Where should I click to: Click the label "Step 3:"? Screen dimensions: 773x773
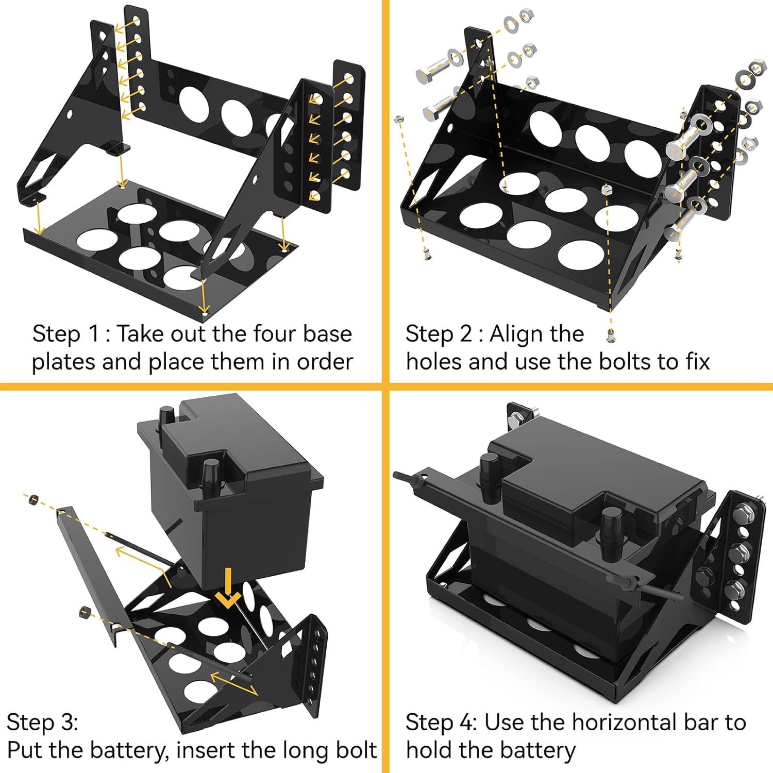42,722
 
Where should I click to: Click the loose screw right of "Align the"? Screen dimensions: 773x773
611,335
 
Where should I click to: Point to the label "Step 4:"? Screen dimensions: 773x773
441,722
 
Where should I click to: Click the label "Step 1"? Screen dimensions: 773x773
65,334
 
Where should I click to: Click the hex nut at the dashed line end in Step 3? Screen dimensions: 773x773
33,498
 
